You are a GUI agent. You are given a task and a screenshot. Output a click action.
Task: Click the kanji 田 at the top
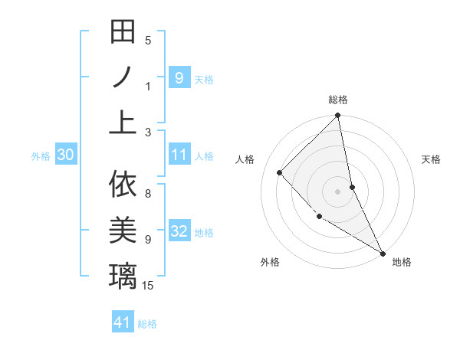point(123,32)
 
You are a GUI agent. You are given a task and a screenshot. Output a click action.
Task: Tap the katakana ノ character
point(123,77)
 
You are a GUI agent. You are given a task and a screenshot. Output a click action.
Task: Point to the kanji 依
point(123,185)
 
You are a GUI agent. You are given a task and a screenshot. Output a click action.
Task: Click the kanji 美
point(123,230)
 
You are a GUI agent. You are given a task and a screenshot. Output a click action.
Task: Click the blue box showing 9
point(179,77)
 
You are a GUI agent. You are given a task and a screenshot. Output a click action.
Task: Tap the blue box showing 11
point(179,155)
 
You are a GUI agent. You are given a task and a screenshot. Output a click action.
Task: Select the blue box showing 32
point(179,232)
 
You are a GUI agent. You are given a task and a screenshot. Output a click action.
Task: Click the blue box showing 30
point(65,155)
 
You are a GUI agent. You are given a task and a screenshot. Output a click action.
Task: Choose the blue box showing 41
point(123,322)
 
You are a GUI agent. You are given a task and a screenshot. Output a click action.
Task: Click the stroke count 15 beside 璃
point(149,286)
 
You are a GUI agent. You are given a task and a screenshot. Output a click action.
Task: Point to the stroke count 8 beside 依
point(148,194)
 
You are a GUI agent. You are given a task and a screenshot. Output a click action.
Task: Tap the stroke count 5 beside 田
point(148,41)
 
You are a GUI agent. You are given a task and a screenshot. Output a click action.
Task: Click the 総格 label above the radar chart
point(338,100)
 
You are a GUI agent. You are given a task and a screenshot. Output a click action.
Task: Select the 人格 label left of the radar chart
point(245,159)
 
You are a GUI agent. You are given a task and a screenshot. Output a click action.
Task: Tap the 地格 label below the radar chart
point(402,262)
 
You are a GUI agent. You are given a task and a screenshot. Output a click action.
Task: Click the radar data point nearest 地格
point(382,253)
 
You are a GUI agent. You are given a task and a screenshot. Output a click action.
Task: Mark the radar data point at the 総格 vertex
point(337,116)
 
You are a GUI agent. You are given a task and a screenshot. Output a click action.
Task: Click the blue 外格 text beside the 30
point(41,156)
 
